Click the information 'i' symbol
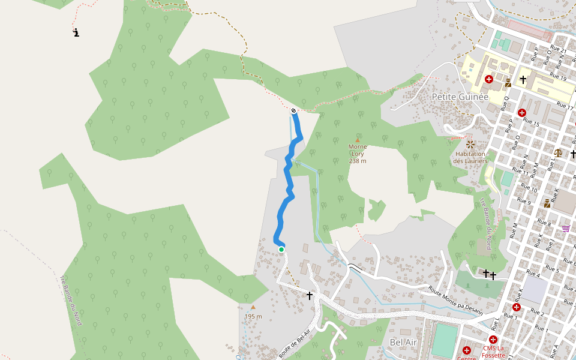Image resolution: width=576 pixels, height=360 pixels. [76, 32]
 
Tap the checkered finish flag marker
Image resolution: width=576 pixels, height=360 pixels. [293, 111]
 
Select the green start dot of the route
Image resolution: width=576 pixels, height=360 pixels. [281, 250]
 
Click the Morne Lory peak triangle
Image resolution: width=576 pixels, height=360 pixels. [358, 140]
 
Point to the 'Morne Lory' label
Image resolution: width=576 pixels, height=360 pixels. [358, 150]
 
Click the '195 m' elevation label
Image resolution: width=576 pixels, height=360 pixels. [253, 316]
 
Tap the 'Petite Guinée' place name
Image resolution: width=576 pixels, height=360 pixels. [460, 97]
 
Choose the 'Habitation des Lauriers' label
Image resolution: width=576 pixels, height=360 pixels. [469, 157]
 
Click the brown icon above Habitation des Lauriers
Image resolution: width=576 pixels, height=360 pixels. [469, 144]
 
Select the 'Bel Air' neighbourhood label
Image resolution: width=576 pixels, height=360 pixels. [403, 342]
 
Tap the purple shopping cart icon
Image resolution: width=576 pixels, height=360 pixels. [566, 228]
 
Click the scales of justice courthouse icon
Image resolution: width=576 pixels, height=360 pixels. [559, 153]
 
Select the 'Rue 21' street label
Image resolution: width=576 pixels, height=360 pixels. [558, 49]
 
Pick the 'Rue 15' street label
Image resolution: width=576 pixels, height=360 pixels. [532, 124]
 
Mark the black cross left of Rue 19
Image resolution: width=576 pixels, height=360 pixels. [523, 79]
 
